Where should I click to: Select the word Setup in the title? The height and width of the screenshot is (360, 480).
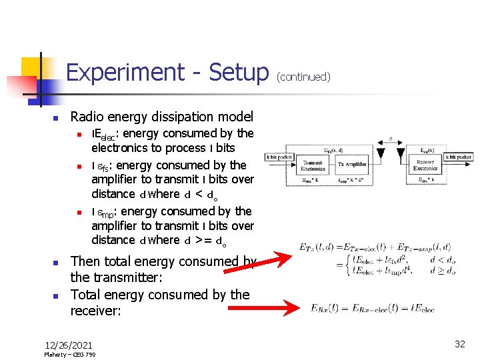coord(238,72)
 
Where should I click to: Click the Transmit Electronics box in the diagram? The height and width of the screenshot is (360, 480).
coord(313,165)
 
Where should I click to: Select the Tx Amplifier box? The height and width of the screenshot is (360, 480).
coord(353,165)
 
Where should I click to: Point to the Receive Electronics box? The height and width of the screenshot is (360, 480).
coord(425,165)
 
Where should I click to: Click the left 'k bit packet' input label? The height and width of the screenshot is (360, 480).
coord(279,157)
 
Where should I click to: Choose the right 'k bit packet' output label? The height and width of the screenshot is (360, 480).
coord(459,157)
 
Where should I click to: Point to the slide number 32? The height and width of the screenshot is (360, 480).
coord(460,344)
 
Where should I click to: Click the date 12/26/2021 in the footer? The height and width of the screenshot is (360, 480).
coord(69,345)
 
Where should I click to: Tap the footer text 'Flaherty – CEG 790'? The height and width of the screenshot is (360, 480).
coord(70,355)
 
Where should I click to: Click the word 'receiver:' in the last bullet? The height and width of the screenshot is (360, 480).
coord(95,311)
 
